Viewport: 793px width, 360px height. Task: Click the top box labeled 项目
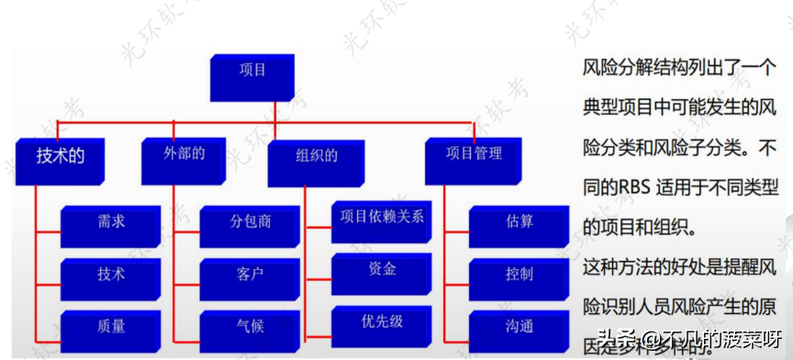tap(251, 72)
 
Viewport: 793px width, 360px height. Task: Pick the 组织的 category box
tap(316, 158)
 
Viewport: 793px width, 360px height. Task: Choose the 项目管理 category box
tap(475, 153)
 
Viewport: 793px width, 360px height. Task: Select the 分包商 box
tap(250, 221)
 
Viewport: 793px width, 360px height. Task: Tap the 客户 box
tap(250, 274)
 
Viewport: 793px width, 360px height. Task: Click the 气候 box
tap(250, 325)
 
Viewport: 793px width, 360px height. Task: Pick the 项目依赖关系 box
tap(381, 218)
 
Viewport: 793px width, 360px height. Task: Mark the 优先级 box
tap(381, 321)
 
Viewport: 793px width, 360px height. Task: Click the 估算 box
tap(519, 221)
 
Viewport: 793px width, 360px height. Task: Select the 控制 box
tap(519, 274)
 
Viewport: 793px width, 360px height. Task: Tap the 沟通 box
tap(519, 325)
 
